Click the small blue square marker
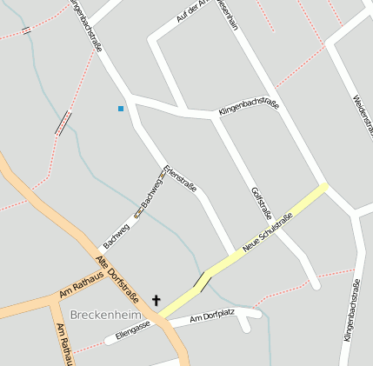(x=121, y=109)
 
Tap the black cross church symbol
(x=157, y=301)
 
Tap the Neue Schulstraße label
(x=268, y=233)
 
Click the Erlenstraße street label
(x=180, y=178)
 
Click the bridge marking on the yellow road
(x=202, y=281)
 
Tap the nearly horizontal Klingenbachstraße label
(x=249, y=110)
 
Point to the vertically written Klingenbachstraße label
(x=351, y=309)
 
